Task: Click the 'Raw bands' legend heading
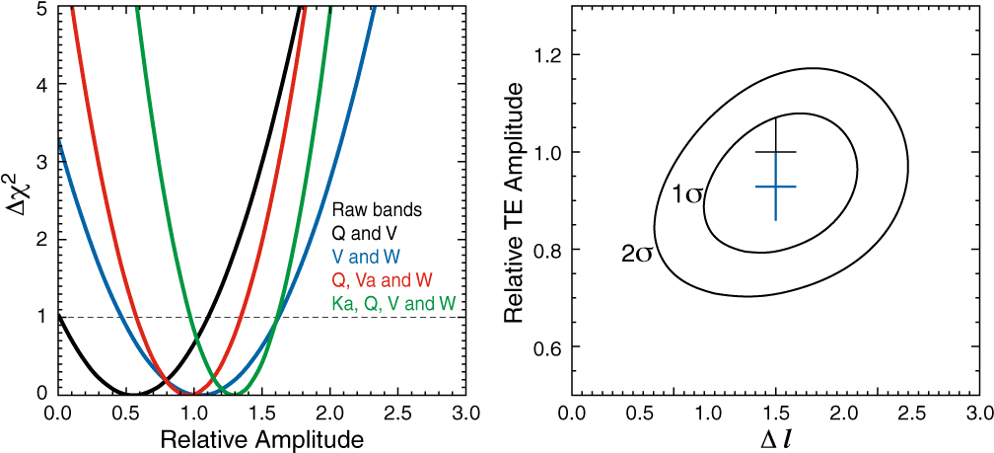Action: coord(377,210)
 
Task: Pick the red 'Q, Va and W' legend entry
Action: coord(383,281)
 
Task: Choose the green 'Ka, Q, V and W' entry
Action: coord(393,305)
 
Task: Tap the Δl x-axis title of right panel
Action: coord(770,437)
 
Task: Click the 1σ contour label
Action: coord(686,193)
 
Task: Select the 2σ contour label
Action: coord(636,254)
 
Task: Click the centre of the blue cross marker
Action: coord(775,187)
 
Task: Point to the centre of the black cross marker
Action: coord(775,152)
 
